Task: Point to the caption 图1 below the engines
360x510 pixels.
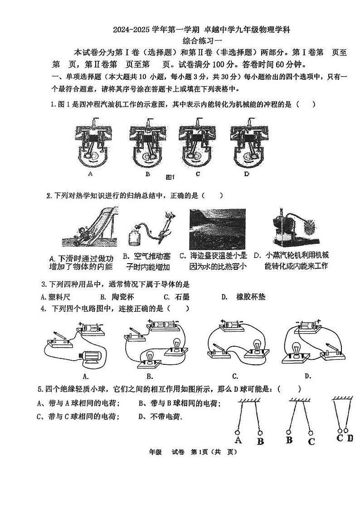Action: [170, 177]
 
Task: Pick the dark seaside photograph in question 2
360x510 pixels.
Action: [217, 229]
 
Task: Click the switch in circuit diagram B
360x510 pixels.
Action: [135, 334]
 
